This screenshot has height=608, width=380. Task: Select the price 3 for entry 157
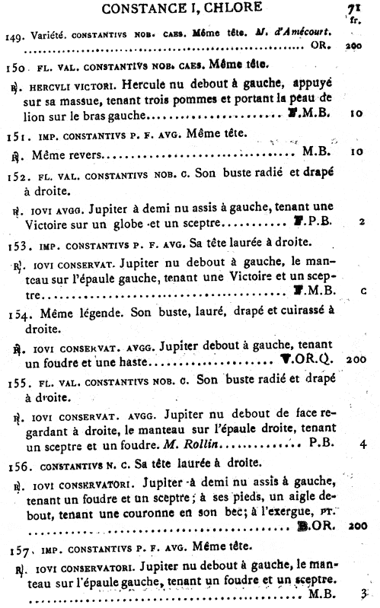[x=363, y=594]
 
